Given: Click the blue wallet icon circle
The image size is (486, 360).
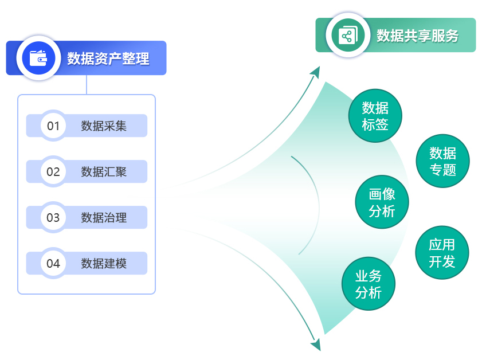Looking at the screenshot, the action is (x=38, y=58).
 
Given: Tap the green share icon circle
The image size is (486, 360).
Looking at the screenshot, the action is (x=348, y=35).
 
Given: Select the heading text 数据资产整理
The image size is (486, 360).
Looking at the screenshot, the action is (x=108, y=58).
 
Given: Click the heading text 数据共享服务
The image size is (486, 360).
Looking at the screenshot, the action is (x=417, y=36).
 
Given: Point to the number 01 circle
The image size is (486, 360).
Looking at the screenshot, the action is (x=53, y=126).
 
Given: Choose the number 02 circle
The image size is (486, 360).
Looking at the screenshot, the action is (x=53, y=171).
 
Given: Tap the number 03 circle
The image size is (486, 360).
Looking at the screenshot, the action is (x=53, y=217).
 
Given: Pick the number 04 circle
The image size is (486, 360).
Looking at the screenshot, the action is (x=53, y=263).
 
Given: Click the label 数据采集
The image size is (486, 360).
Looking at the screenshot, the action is (x=104, y=126).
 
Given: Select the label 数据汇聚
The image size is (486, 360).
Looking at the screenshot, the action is (x=104, y=172).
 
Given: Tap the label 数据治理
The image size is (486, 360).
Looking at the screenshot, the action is (x=104, y=218).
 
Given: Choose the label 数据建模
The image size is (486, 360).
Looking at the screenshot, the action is (x=104, y=264).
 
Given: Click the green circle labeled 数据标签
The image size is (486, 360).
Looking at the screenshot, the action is (x=375, y=116).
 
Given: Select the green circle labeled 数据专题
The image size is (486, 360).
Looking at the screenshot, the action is (x=442, y=161).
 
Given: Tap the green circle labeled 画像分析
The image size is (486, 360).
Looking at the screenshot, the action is (x=382, y=202).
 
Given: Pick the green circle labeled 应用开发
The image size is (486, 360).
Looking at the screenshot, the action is (x=442, y=252).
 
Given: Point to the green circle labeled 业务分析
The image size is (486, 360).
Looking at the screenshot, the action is (x=369, y=283).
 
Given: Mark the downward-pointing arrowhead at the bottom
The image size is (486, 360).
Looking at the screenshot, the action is (x=316, y=345).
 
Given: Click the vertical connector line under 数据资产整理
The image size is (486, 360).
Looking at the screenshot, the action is (x=87, y=85).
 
